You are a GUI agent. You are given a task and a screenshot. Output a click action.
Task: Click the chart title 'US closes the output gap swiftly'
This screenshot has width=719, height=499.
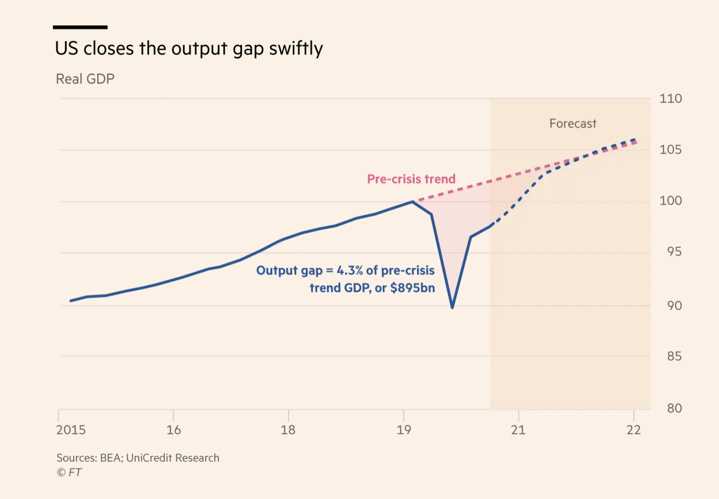(189, 48)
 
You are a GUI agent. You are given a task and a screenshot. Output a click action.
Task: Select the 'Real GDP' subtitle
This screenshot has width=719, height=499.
(85, 79)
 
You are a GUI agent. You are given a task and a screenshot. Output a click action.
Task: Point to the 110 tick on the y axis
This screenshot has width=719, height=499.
(670, 99)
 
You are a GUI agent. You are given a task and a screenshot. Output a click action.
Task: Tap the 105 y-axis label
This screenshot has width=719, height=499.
(670, 150)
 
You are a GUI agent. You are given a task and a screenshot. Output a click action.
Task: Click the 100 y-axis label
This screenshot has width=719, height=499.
(670, 200)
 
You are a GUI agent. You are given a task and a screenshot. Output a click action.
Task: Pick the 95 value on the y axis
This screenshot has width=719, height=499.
(674, 251)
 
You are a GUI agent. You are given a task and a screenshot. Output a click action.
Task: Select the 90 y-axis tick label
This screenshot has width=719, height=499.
(674, 305)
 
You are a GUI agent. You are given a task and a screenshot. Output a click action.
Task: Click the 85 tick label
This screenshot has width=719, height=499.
(674, 356)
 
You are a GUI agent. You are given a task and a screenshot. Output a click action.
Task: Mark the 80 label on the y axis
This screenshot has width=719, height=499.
(674, 408)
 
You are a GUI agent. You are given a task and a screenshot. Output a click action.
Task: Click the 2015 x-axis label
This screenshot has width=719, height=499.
(71, 430)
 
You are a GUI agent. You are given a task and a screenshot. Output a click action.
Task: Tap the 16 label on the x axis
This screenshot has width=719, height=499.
(174, 430)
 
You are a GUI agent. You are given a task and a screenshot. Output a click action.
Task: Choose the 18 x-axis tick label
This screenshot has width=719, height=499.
(288, 430)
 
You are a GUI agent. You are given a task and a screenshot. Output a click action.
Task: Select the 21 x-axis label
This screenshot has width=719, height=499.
(518, 430)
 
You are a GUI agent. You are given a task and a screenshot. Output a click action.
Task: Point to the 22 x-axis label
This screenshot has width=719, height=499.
(634, 430)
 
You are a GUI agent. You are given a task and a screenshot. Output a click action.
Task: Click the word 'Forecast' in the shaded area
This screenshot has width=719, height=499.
(573, 124)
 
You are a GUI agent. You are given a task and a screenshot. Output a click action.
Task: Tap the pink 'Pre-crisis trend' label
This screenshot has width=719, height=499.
(411, 179)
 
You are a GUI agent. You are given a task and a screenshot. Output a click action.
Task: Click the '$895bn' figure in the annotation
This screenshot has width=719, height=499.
(412, 288)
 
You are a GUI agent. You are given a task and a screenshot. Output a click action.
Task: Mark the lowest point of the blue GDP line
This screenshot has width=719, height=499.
(452, 308)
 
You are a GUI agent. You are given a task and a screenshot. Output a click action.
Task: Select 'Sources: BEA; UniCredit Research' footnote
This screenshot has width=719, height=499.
(138, 458)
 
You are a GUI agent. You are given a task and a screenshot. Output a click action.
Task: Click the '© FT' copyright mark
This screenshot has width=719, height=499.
(69, 472)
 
